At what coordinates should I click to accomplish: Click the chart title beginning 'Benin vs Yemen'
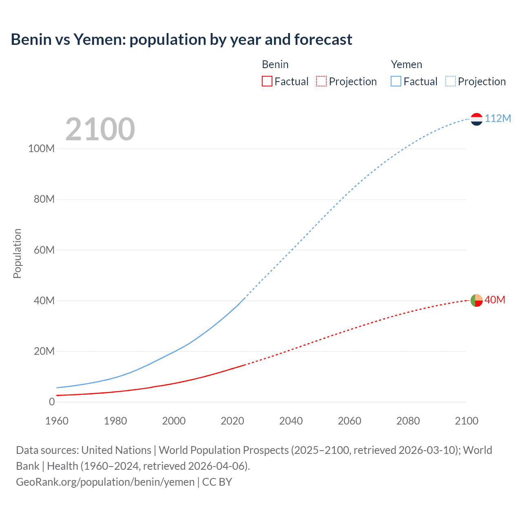(181, 40)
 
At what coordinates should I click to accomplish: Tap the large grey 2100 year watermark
(100, 129)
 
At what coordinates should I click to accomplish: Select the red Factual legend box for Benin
(267, 81)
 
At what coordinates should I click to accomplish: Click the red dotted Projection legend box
(321, 81)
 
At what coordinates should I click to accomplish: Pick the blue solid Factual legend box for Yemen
(396, 81)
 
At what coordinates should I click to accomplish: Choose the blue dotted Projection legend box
(450, 81)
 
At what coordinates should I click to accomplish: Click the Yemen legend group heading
(406, 64)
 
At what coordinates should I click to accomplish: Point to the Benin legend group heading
(275, 64)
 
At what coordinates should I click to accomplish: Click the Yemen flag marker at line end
(476, 119)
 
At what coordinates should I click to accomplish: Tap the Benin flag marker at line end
(476, 301)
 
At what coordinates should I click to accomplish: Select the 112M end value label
(498, 118)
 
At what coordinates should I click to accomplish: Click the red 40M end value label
(495, 300)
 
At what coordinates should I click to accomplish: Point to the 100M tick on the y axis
(41, 148)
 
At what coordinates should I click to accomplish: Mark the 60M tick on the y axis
(44, 250)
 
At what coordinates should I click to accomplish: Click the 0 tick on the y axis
(51, 402)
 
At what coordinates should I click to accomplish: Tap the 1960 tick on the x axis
(57, 421)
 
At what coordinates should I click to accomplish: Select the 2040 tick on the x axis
(291, 421)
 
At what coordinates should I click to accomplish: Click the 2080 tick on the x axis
(408, 421)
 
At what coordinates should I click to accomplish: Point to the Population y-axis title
(17, 253)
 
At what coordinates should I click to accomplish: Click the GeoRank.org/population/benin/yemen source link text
(105, 482)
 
